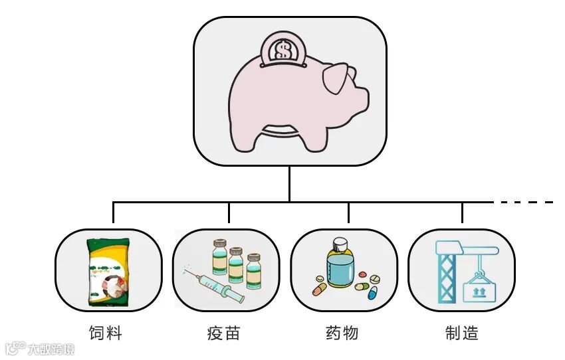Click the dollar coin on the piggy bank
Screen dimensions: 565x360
pyautogui.click(x=284, y=50)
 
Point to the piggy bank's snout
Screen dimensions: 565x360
pyautogui.click(x=360, y=98)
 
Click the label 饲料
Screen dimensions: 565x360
pyautogui.click(x=106, y=332)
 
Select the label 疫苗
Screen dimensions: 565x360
pyautogui.click(x=223, y=332)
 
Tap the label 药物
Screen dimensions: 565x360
pyautogui.click(x=342, y=332)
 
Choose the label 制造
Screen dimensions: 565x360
pyautogui.click(x=462, y=332)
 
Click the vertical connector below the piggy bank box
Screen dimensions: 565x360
pyautogui.click(x=289, y=183)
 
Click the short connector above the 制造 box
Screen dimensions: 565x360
pyautogui.click(x=462, y=213)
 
